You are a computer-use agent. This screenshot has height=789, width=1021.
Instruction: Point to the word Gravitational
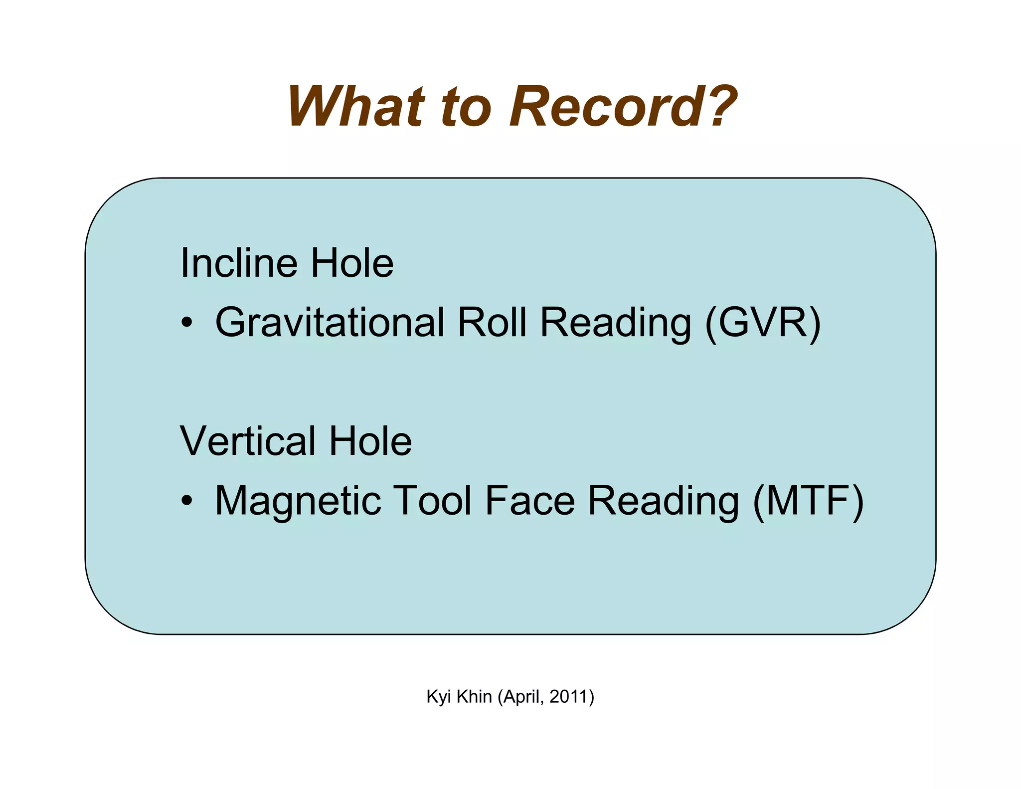330,323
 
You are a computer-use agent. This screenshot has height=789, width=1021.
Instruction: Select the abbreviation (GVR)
763,323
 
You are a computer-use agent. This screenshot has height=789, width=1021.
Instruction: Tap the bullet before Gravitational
186,323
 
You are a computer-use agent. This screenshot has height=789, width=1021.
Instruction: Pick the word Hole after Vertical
370,441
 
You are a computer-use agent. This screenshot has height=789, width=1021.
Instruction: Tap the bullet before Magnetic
186,501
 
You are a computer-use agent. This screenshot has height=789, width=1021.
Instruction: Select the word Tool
433,501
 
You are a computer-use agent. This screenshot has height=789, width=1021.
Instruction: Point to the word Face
530,501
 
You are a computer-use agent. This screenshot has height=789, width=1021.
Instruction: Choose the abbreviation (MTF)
808,501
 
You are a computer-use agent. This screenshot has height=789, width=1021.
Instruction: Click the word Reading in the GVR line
616,323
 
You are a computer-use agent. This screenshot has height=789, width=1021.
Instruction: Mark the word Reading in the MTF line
664,501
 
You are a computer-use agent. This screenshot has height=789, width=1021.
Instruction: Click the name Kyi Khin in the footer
459,697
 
